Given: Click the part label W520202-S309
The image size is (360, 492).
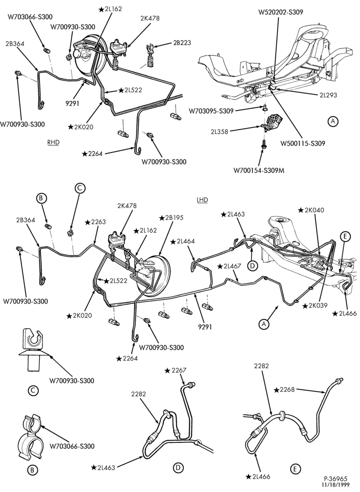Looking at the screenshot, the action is click(x=281, y=13).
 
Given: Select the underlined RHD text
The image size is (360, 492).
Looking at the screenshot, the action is click(x=53, y=142).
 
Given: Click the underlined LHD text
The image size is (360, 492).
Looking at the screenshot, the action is click(x=203, y=200).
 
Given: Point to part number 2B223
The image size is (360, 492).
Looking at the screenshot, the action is click(x=181, y=43).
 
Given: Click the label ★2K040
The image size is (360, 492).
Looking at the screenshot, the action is click(x=311, y=210).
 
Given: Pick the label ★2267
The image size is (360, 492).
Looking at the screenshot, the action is click(x=176, y=370).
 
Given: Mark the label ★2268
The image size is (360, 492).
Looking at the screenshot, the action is click(x=284, y=390).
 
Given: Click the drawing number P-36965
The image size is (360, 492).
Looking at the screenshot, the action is click(x=336, y=479).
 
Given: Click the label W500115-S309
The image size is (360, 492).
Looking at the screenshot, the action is click(x=302, y=143).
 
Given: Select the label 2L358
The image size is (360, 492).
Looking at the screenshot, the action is click(x=219, y=132).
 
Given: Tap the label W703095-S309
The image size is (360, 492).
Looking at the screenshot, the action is click(x=211, y=111).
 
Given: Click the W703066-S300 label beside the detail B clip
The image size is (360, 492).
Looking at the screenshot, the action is click(x=72, y=446).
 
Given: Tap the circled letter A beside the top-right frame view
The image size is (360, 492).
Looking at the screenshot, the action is click(x=333, y=121).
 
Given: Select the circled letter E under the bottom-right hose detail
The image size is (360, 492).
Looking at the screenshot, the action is click(x=295, y=469).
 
